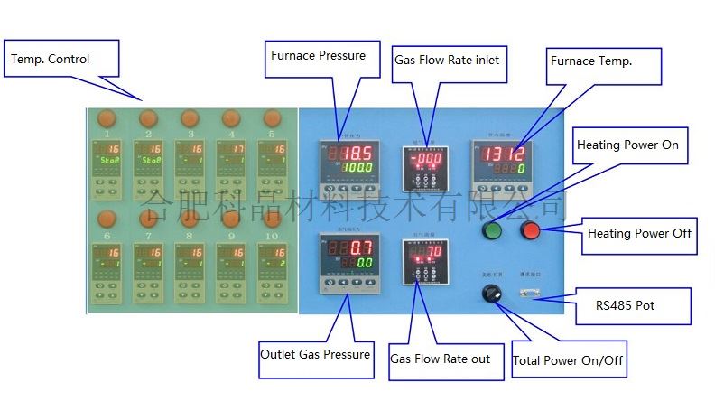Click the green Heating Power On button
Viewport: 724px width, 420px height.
(x=492, y=230)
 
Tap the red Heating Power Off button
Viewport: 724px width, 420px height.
(x=530, y=230)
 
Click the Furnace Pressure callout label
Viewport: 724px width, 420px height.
(x=319, y=56)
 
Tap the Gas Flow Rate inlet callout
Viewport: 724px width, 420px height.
(x=446, y=61)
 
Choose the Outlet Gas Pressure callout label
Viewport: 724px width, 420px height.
(x=315, y=354)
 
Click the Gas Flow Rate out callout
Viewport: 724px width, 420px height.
(x=441, y=359)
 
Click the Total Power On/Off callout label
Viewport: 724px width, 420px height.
(x=568, y=360)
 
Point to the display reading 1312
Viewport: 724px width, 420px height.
(x=498, y=153)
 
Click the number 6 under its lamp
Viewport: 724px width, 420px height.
(x=107, y=237)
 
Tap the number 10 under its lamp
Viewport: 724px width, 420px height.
(x=272, y=237)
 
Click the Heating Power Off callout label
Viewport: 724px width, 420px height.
(x=640, y=233)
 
